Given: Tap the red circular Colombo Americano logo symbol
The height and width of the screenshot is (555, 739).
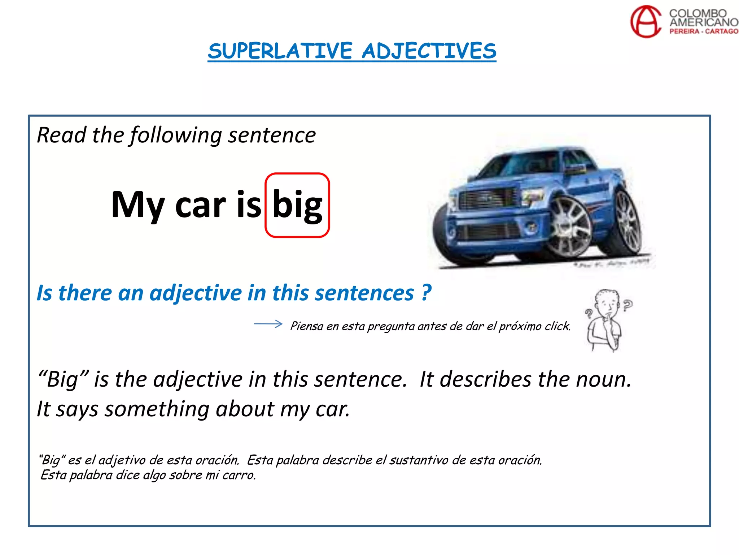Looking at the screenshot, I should [x=646, y=21].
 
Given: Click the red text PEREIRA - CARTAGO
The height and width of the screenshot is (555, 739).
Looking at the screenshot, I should [x=704, y=31].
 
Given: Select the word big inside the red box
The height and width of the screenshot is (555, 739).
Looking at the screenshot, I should [x=297, y=205].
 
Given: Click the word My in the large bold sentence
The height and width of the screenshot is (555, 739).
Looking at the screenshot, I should [x=137, y=205].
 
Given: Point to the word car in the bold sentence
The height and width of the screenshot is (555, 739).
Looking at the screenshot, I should [x=200, y=205].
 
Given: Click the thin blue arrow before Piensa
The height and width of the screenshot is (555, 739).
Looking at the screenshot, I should [x=268, y=324].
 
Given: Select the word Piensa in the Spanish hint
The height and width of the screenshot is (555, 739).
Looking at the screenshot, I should [x=307, y=326].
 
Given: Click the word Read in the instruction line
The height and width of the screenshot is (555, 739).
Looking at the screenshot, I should [x=61, y=135].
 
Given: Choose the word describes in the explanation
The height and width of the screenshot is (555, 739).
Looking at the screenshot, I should [x=485, y=379].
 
